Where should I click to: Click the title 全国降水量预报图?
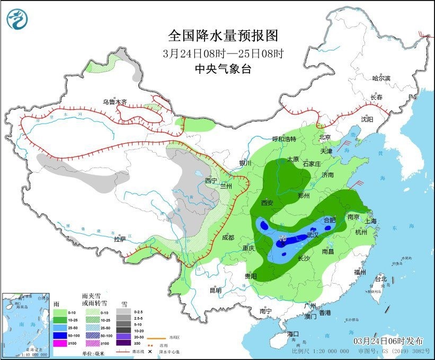223,36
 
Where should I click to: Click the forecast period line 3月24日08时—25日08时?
223,53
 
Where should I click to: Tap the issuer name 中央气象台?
223,68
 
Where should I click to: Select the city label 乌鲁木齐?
115,102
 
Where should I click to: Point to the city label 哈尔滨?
380,78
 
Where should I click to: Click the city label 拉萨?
120,239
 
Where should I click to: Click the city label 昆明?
215,290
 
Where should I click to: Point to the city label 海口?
293,333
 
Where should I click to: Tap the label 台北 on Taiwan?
381,279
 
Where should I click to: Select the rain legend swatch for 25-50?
60,328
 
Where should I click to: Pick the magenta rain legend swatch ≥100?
60,343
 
